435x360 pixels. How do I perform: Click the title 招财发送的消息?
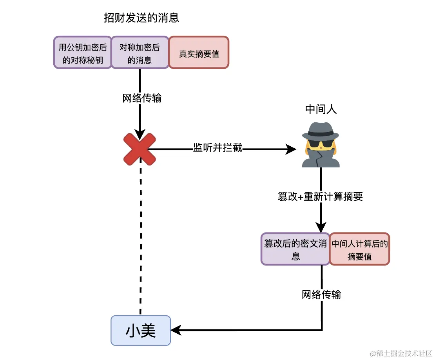pos(141,18)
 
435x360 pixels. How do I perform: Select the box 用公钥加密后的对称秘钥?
pos(83,53)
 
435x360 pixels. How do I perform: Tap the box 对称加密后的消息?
pos(140,53)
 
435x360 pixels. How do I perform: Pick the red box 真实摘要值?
pos(199,53)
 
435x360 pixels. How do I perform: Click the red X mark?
pos(140,149)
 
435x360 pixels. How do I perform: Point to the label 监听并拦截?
pos(217,148)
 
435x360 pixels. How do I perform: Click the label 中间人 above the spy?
pos(321,110)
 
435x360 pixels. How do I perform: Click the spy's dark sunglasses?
pos(321,144)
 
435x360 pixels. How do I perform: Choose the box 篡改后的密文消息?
pos(295,249)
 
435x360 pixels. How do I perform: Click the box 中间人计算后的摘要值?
pos(359,249)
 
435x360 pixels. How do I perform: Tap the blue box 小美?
pos(141,331)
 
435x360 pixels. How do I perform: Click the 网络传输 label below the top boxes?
pos(142,98)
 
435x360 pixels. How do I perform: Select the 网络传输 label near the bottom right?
pos(321,295)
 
